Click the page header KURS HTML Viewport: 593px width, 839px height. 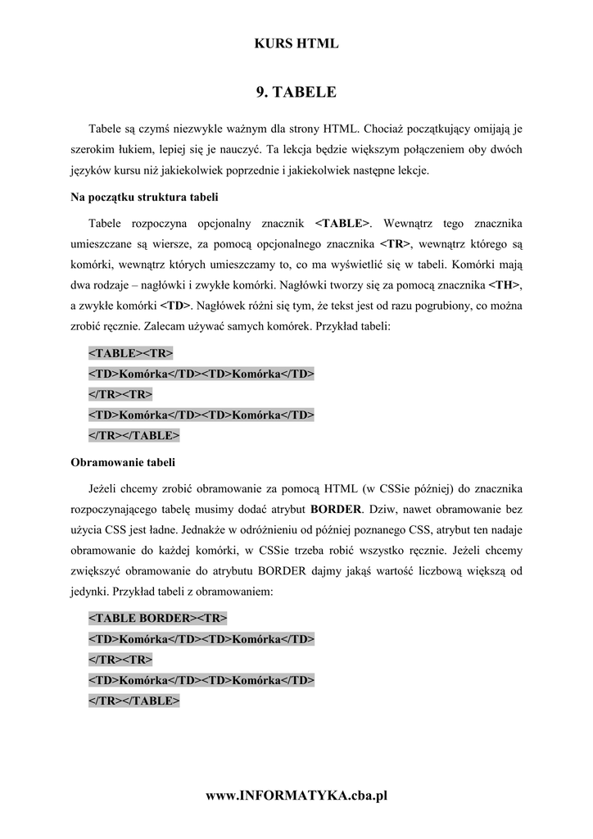tap(296, 44)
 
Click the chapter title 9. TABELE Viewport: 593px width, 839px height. tap(296, 93)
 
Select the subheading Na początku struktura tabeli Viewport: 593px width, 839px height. tap(144, 197)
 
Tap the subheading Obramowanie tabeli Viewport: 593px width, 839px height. tap(123, 462)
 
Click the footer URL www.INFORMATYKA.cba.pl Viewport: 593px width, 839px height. tap(296, 796)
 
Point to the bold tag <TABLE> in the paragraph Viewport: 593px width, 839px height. tap(342, 224)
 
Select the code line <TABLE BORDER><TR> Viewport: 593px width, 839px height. tap(158, 616)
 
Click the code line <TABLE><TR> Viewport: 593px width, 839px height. tap(131, 353)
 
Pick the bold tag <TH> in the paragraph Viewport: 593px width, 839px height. tap(505, 285)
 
